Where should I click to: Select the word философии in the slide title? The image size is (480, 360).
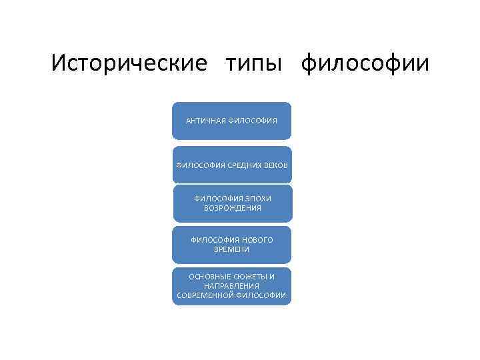365,65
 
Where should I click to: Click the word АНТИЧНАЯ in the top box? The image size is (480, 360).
206,121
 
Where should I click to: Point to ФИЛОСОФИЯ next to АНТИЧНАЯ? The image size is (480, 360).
253,121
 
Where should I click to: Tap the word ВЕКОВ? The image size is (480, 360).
277,165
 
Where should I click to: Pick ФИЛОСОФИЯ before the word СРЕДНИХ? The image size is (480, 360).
199,165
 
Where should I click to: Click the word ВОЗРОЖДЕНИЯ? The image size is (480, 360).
232,208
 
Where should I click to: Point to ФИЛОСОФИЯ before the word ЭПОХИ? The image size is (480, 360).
217,199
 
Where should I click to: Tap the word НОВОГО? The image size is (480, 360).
258,240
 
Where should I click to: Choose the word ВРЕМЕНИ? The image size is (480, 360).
232,249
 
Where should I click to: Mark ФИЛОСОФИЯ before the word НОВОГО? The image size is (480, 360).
215,240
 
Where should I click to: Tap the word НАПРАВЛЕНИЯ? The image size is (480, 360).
232,285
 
